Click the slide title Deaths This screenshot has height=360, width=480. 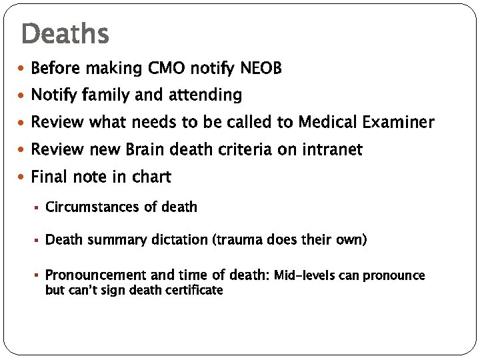[x=65, y=33]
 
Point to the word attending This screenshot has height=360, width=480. [x=205, y=96]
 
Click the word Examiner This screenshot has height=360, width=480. [x=401, y=123]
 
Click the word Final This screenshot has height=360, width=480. [x=49, y=177]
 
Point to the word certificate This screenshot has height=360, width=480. [x=191, y=290]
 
